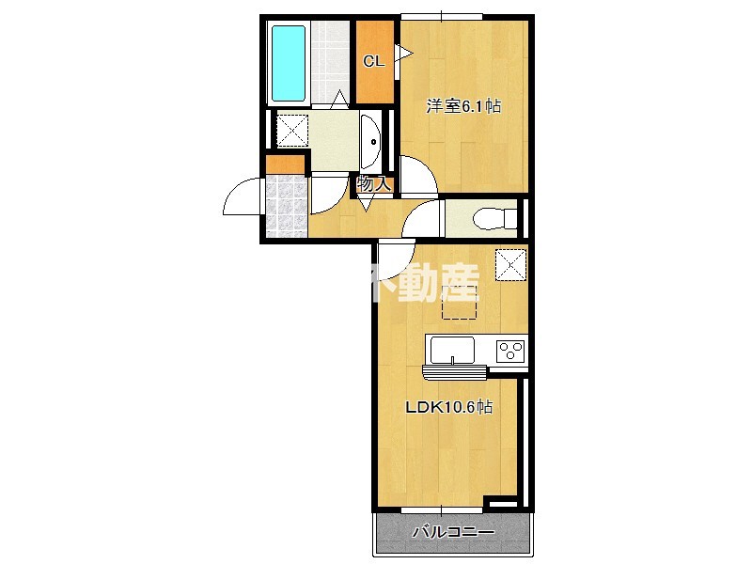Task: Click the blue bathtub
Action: click(289, 64)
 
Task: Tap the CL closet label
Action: click(373, 63)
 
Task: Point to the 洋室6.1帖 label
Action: click(463, 106)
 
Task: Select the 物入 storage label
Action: click(373, 184)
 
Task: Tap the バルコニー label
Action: click(453, 533)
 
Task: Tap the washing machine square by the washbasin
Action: click(290, 129)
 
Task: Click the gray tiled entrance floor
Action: click(287, 205)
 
